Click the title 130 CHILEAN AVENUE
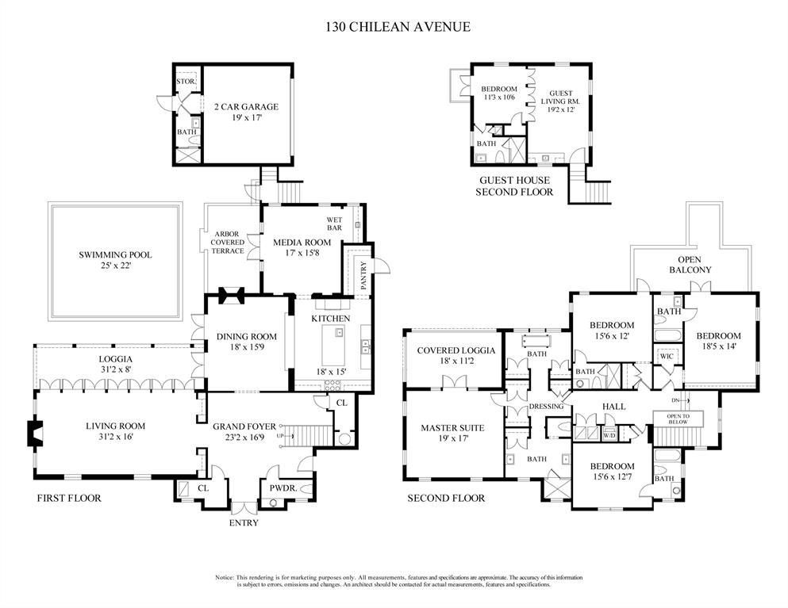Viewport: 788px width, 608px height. tap(398, 26)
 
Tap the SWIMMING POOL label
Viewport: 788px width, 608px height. tap(115, 255)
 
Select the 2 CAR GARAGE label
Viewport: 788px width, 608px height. tap(245, 107)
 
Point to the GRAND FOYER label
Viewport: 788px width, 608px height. tap(244, 426)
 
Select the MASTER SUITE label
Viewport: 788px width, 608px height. tap(452, 428)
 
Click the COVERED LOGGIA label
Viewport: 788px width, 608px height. tap(456, 350)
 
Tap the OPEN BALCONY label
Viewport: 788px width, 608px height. tap(694, 265)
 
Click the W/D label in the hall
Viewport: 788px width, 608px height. tap(610, 435)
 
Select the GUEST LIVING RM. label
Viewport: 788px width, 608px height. tap(561, 98)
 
